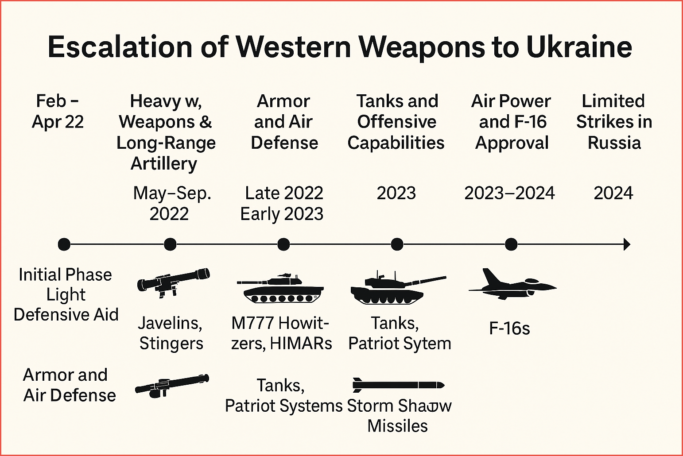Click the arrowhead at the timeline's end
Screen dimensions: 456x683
(x=626, y=244)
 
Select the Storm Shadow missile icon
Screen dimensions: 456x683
(x=398, y=385)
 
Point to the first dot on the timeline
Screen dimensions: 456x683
(x=64, y=244)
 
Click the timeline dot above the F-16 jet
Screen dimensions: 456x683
(x=511, y=244)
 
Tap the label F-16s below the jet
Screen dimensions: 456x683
(x=509, y=328)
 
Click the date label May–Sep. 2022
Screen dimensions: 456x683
(x=171, y=204)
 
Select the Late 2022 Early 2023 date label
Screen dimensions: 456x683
(x=283, y=204)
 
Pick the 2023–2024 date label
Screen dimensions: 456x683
(x=509, y=193)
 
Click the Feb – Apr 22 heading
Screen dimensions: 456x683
(x=58, y=112)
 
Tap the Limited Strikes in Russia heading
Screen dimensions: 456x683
(x=614, y=122)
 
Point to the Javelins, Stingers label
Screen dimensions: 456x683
(x=171, y=333)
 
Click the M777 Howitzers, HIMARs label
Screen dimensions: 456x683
(x=281, y=333)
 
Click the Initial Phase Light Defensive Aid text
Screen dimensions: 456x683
(x=66, y=295)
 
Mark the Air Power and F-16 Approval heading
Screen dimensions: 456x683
(x=512, y=122)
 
